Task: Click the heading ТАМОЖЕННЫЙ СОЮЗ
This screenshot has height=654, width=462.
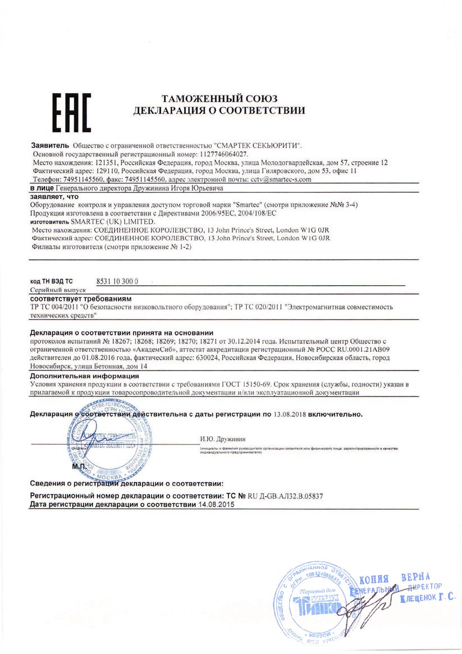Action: coord(219,99)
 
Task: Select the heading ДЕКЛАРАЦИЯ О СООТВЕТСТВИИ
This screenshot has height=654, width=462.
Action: coord(219,111)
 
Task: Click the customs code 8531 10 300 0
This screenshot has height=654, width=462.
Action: coord(117,281)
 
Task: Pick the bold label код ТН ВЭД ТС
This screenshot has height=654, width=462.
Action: coord(51,281)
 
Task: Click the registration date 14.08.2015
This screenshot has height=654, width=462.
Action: coord(216,505)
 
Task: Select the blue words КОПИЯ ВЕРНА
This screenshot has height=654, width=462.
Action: coord(394,579)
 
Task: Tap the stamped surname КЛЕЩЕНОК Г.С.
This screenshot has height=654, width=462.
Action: coord(426,599)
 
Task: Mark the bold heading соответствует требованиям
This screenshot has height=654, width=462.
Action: coord(80,299)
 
